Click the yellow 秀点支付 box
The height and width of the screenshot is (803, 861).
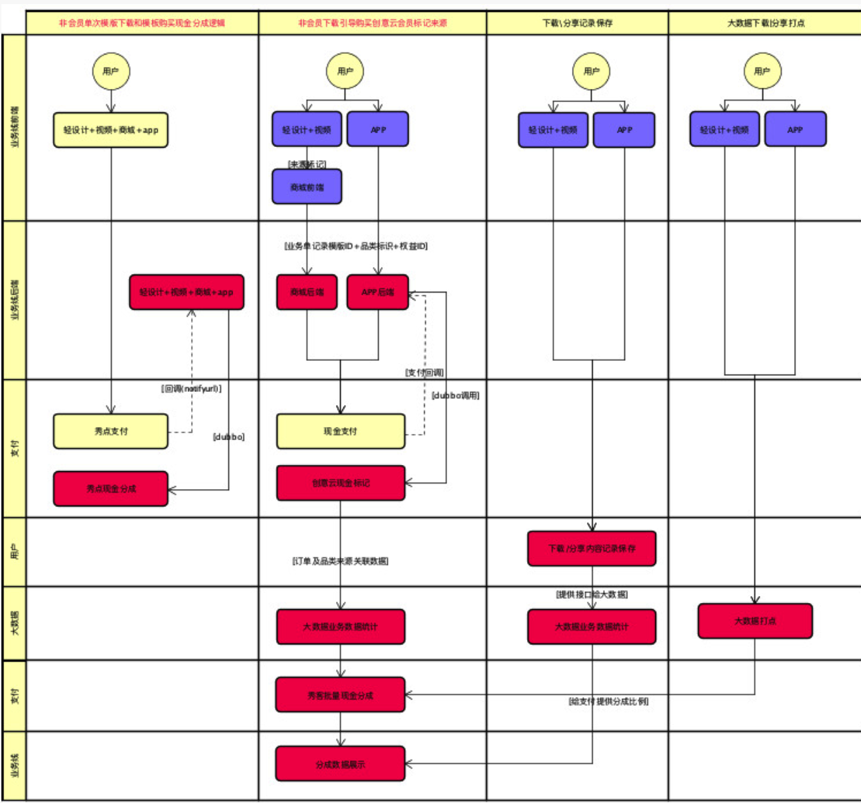110,431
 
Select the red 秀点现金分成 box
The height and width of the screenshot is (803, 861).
110,488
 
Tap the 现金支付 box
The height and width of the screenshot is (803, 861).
340,431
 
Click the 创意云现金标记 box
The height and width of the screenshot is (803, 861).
340,483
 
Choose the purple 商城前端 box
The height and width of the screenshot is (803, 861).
306,187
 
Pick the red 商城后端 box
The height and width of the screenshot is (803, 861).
306,292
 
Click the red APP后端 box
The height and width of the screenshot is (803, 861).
377,292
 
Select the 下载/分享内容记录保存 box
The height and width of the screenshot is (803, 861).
591,548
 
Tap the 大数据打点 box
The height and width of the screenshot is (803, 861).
755,621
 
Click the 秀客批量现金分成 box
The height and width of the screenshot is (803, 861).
340,695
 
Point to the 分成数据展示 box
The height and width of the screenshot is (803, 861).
340,764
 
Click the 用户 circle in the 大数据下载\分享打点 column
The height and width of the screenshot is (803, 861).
762,71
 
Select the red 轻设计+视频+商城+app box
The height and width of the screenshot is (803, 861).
186,292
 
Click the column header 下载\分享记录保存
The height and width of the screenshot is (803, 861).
577,23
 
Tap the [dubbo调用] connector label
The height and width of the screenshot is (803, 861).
455,395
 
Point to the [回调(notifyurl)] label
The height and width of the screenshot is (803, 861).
191,389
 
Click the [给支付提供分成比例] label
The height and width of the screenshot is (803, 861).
608,702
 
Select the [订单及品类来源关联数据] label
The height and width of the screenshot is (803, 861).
340,562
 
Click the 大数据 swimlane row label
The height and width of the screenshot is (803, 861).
14,623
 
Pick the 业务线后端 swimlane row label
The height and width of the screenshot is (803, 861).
14,300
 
